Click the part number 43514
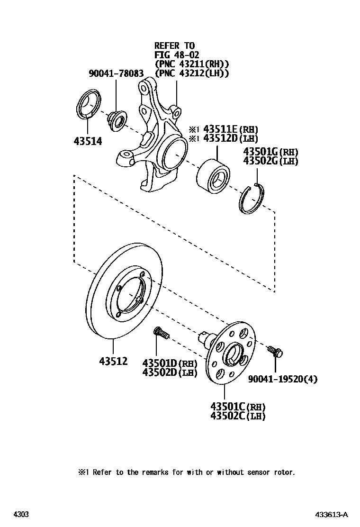point(88,141)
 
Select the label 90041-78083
point(116,73)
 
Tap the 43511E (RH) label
point(231,129)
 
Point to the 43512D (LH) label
point(231,138)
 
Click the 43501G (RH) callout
point(270,152)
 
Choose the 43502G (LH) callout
point(270,161)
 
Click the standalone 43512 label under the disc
point(114,361)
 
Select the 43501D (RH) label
point(170,363)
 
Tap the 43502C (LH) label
point(238,416)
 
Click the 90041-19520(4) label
point(283,379)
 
